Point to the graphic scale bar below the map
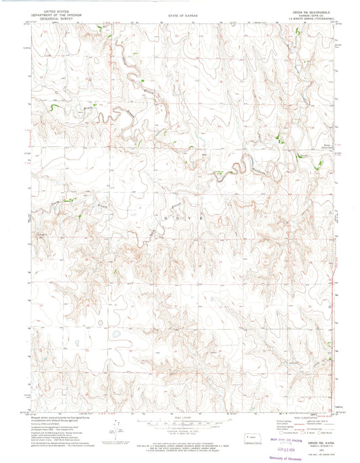coord(180,405)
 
